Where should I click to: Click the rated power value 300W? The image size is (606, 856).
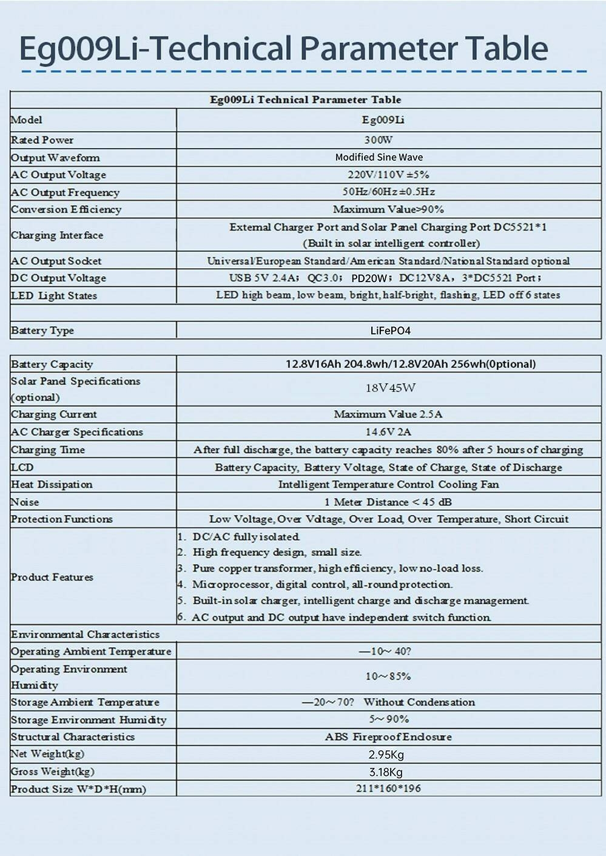pos(379,140)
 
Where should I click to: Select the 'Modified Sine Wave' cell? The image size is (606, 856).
pos(379,157)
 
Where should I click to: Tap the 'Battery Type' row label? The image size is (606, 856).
pos(42,331)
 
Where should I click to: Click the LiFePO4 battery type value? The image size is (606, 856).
pos(390,331)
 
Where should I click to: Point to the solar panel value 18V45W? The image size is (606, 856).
pos(390,388)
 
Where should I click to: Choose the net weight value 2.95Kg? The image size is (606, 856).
pos(386,755)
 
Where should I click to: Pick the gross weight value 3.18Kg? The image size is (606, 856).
pos(386,772)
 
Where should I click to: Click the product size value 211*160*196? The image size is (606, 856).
pos(388,789)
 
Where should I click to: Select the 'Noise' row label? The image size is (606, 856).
pos(25,502)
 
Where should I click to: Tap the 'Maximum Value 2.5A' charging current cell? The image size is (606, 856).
pos(388,414)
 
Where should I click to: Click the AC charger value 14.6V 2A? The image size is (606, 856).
pos(388,432)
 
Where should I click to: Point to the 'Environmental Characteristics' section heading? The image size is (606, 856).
pos(86,635)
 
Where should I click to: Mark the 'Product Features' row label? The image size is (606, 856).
pos(52,577)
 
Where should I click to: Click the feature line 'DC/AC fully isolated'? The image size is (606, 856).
pos(246,537)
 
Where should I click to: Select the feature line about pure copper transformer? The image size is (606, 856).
pos(337,568)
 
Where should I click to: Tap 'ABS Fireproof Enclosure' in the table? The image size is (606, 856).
pos(388,737)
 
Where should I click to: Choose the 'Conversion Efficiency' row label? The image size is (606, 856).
pos(66,209)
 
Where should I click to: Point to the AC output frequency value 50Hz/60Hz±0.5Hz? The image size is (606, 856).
pos(388,192)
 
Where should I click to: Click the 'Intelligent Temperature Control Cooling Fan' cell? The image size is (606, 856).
pos(388,485)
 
